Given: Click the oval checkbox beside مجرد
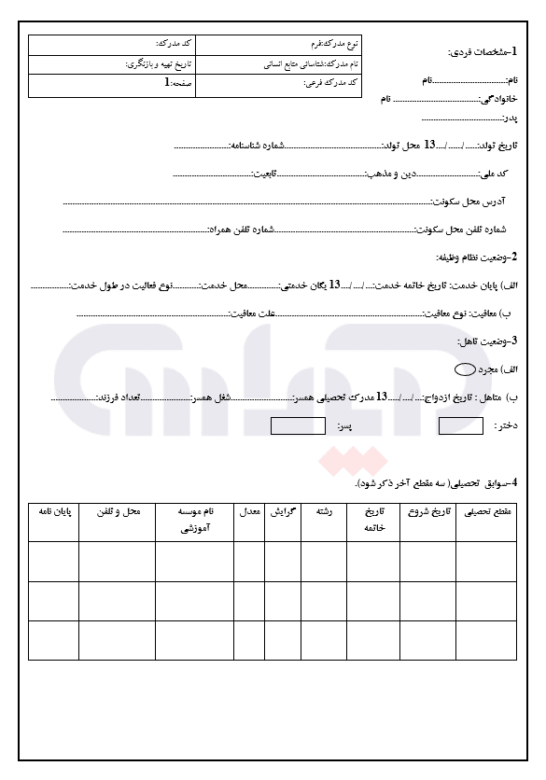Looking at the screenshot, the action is [464, 369].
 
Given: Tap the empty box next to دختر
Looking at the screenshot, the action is [461, 426].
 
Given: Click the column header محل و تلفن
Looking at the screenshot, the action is [117, 512].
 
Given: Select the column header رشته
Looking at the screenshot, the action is [326, 512].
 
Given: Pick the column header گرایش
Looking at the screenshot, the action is [283, 512].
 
